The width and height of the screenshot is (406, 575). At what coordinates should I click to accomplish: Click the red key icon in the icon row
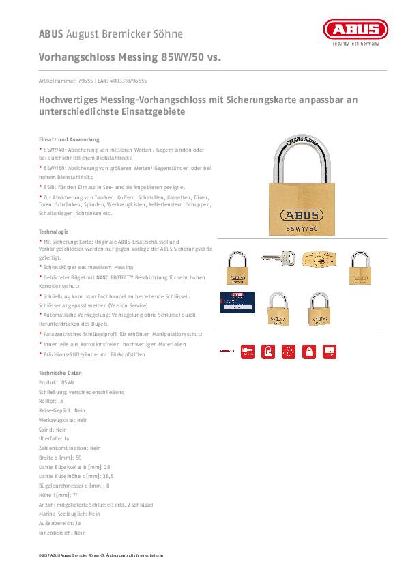pyautogui.click(x=248, y=351)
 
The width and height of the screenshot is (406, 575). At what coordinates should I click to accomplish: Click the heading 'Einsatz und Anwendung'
pyautogui.click(x=69, y=139)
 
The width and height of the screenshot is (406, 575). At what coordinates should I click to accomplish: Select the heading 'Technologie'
pyautogui.click(x=53, y=232)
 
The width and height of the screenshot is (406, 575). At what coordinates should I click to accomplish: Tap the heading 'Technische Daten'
pyautogui.click(x=60, y=373)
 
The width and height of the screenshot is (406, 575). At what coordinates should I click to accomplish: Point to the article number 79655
pyautogui.click(x=85, y=80)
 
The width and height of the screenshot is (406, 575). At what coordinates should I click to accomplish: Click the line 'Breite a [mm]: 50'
pyautogui.click(x=60, y=458)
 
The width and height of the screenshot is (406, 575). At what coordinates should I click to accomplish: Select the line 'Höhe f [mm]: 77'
pyautogui.click(x=59, y=494)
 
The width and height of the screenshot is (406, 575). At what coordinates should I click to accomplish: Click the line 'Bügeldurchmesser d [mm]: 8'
pyautogui.click(x=74, y=486)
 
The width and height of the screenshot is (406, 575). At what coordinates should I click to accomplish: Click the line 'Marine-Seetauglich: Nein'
pyautogui.click(x=70, y=514)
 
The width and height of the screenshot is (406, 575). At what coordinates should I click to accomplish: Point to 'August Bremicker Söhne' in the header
pyautogui.click(x=124, y=33)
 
